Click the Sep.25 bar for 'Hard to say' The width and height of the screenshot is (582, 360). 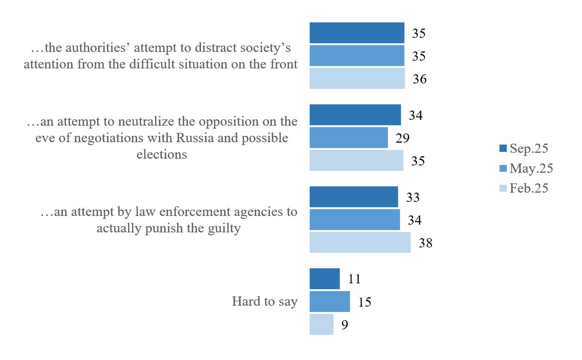coord(324,278)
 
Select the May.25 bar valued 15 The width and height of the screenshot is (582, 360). coord(330,301)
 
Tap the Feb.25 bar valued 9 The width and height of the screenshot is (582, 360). coord(321,324)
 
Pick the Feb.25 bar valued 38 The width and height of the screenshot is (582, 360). coord(360,242)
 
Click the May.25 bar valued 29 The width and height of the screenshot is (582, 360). coord(349,137)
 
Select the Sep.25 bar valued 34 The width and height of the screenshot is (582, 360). coord(355,115)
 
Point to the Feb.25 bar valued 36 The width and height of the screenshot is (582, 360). coord(357,79)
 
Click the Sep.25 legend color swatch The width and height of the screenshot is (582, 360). coord(503,148)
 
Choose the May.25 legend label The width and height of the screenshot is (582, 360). coord(531,168)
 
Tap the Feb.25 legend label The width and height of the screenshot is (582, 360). coord(529,188)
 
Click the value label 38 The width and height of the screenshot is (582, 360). coord(425,243)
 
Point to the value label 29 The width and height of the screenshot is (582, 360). coord(402,138)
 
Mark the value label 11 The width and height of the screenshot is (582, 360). coord(354,279)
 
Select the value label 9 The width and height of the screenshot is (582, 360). coord(345,325)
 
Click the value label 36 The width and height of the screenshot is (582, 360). coord(419,79)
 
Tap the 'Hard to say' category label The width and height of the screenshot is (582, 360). coord(265,301)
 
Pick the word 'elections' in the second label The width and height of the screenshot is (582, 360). coord(161,154)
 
